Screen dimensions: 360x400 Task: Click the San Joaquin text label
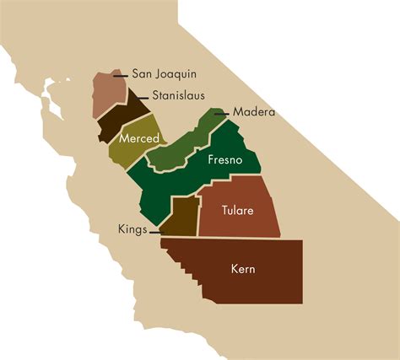165,74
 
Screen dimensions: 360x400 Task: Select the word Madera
255,112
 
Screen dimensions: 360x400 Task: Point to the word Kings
132,229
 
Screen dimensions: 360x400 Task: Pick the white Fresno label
224,159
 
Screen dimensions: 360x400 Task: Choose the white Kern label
243,270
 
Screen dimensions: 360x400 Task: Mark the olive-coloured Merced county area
127,152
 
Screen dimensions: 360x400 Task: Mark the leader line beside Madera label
221,112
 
